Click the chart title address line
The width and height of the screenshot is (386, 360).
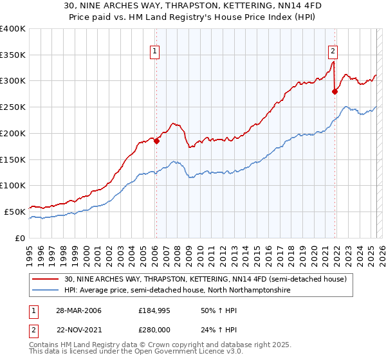pos(193,6)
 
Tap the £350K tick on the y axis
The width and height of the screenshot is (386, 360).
pos(13,55)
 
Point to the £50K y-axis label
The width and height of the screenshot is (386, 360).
pos(15,212)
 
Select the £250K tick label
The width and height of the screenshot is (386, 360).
pos(13,107)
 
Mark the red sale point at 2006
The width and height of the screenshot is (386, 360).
pos(156,141)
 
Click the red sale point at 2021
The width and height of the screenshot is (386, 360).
pos(335,92)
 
